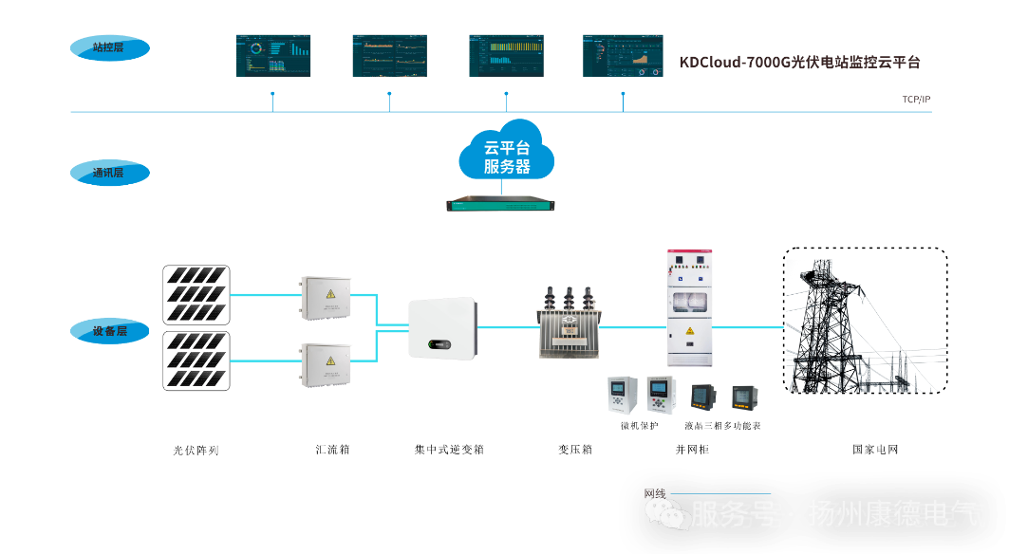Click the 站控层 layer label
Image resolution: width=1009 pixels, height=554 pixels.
tap(109, 47)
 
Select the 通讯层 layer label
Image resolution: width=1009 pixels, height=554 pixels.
tap(109, 174)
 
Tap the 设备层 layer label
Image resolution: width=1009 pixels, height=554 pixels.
tap(109, 331)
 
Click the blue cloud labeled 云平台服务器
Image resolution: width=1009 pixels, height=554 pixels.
tap(507, 153)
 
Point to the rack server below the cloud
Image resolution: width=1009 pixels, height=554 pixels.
tap(501, 203)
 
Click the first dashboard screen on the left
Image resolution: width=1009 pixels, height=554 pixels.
tap(272, 56)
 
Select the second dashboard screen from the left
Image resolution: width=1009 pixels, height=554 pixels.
tap(389, 56)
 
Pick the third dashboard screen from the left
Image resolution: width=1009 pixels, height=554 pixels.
tap(506, 56)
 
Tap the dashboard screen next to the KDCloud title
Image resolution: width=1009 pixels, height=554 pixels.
tap(623, 56)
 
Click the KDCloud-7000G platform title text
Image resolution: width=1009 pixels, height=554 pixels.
tap(799, 63)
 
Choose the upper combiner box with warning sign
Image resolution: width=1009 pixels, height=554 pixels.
tap(326, 296)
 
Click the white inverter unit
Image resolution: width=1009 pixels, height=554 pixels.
tap(442, 327)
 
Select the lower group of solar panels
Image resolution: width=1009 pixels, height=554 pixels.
tap(197, 360)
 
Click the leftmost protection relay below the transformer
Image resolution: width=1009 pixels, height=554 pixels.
tap(622, 395)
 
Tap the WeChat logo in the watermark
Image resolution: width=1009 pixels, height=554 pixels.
tap(668, 514)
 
